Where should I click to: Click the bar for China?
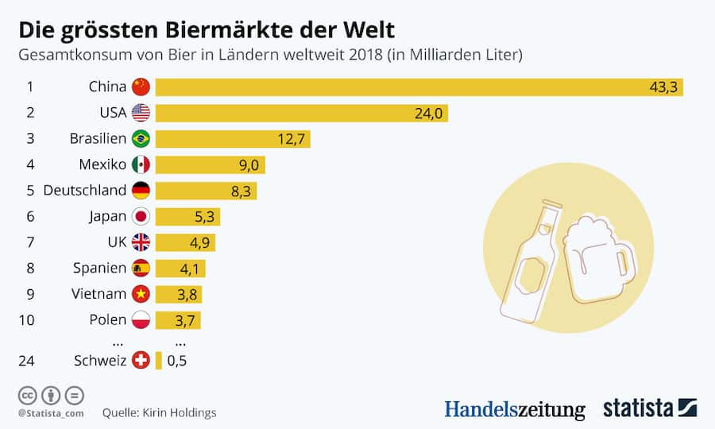point(419,87)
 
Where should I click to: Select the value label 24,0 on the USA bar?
point(427,114)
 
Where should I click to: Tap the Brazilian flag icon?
point(141,139)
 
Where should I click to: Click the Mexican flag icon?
point(141,164)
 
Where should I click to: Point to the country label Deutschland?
point(84,191)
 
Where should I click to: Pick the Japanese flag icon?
point(141,216)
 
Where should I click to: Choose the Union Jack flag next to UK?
point(141,242)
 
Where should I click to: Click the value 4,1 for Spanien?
point(189,269)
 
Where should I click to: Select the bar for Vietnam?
point(178,294)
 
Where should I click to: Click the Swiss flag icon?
point(141,361)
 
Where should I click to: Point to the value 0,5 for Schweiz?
point(176,361)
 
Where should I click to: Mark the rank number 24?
point(26,361)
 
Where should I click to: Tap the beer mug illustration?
point(597,258)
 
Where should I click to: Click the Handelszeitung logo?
point(514,409)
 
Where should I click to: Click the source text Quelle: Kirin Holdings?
point(159,413)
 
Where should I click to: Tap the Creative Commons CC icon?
point(27,395)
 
